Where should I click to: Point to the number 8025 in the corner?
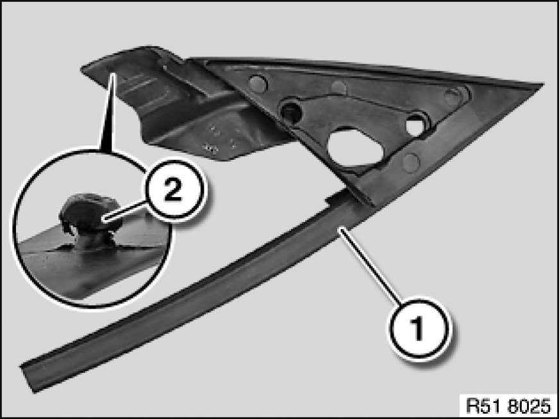(531, 406)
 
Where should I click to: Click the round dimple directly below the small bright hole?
(410, 161)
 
